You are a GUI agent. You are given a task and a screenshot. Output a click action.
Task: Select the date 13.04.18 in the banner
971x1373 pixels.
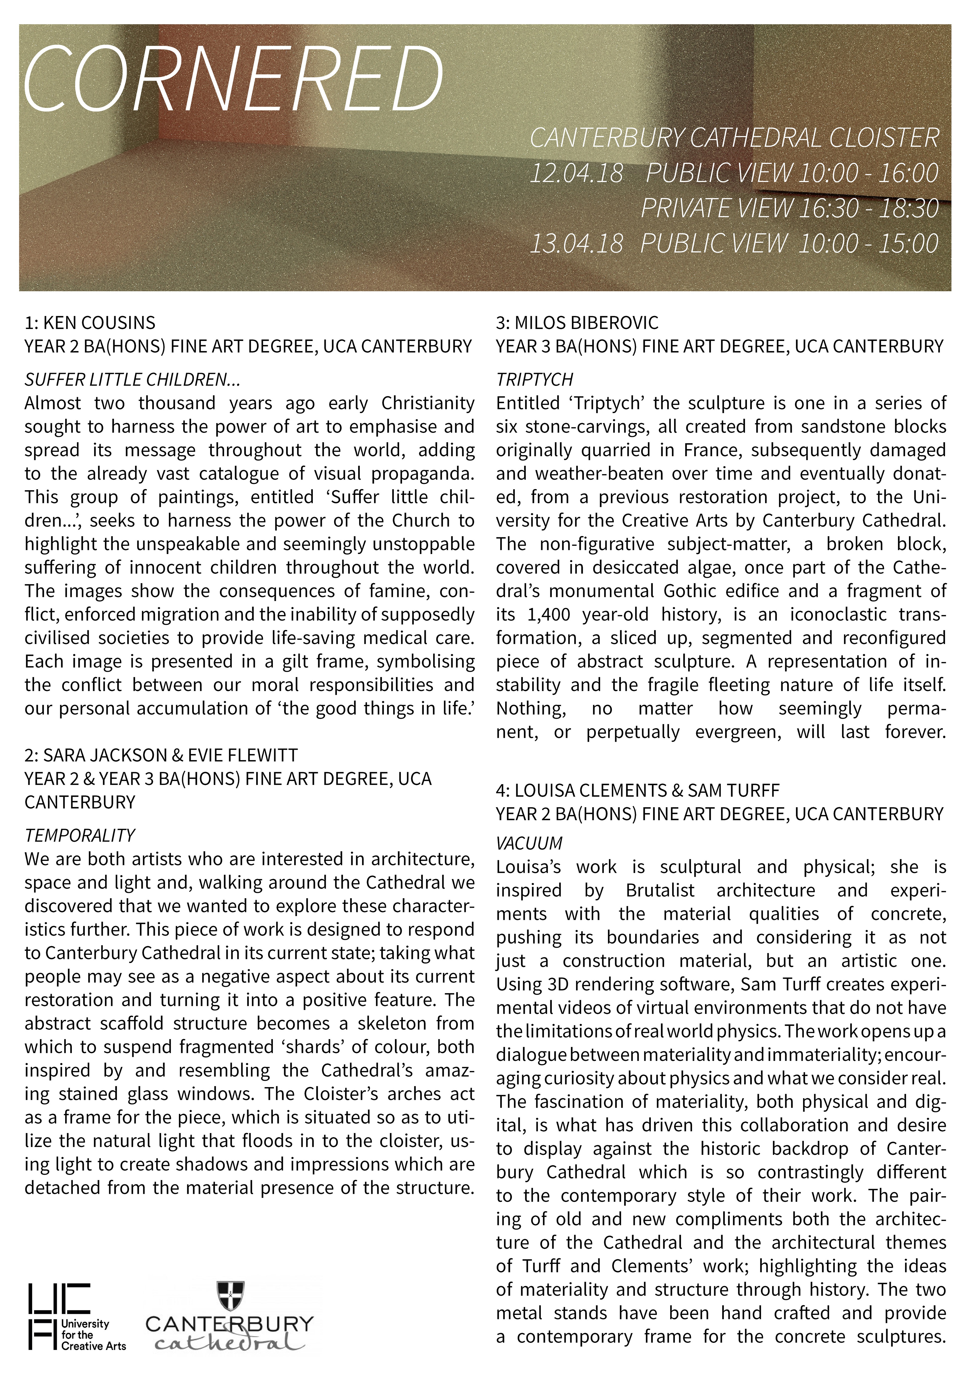pyautogui.click(x=576, y=243)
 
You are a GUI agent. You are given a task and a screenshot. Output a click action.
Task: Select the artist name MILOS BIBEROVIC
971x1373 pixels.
pyautogui.click(x=586, y=323)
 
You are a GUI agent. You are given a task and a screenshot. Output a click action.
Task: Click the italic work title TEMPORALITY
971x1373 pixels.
pyautogui.click(x=79, y=835)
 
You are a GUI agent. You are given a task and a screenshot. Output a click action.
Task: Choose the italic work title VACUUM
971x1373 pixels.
pyautogui.click(x=529, y=843)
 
